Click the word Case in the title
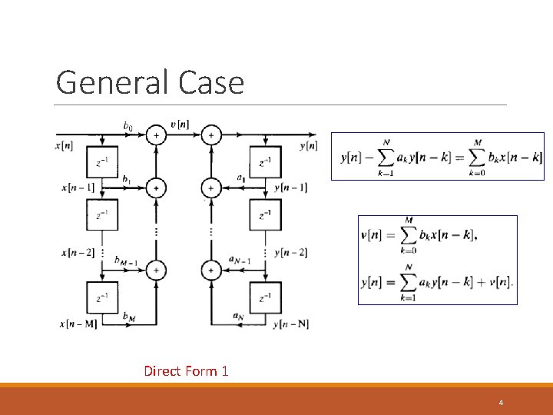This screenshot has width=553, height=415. tap(210, 82)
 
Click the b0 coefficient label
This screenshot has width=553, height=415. tap(128, 125)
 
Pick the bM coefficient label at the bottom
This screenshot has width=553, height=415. tap(128, 316)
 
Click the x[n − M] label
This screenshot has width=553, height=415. tap(78, 324)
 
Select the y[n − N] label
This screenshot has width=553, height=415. tap(291, 324)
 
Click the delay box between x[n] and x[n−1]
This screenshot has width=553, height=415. tap(102, 161)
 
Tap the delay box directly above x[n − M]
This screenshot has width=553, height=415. tap(102, 297)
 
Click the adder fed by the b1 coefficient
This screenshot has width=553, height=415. tap(156, 187)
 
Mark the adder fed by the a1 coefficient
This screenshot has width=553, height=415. tap(210, 187)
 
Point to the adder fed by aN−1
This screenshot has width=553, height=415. tap(210, 270)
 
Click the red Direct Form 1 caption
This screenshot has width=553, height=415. tap(186, 371)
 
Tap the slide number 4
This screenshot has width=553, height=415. tap(501, 403)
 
